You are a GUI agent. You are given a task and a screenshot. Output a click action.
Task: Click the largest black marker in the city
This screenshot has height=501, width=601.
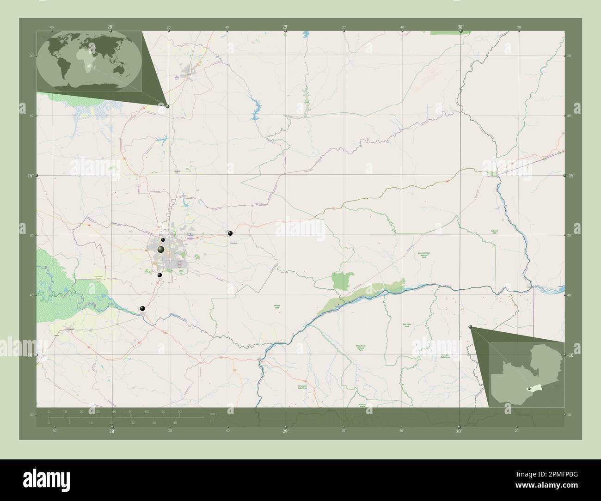[x=161, y=250]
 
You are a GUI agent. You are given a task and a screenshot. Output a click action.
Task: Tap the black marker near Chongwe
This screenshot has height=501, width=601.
[x=230, y=233]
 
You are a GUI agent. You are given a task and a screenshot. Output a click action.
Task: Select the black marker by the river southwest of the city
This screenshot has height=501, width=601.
[x=142, y=308]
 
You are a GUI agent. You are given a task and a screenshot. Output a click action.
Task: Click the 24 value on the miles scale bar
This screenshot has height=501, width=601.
[x=111, y=422]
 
